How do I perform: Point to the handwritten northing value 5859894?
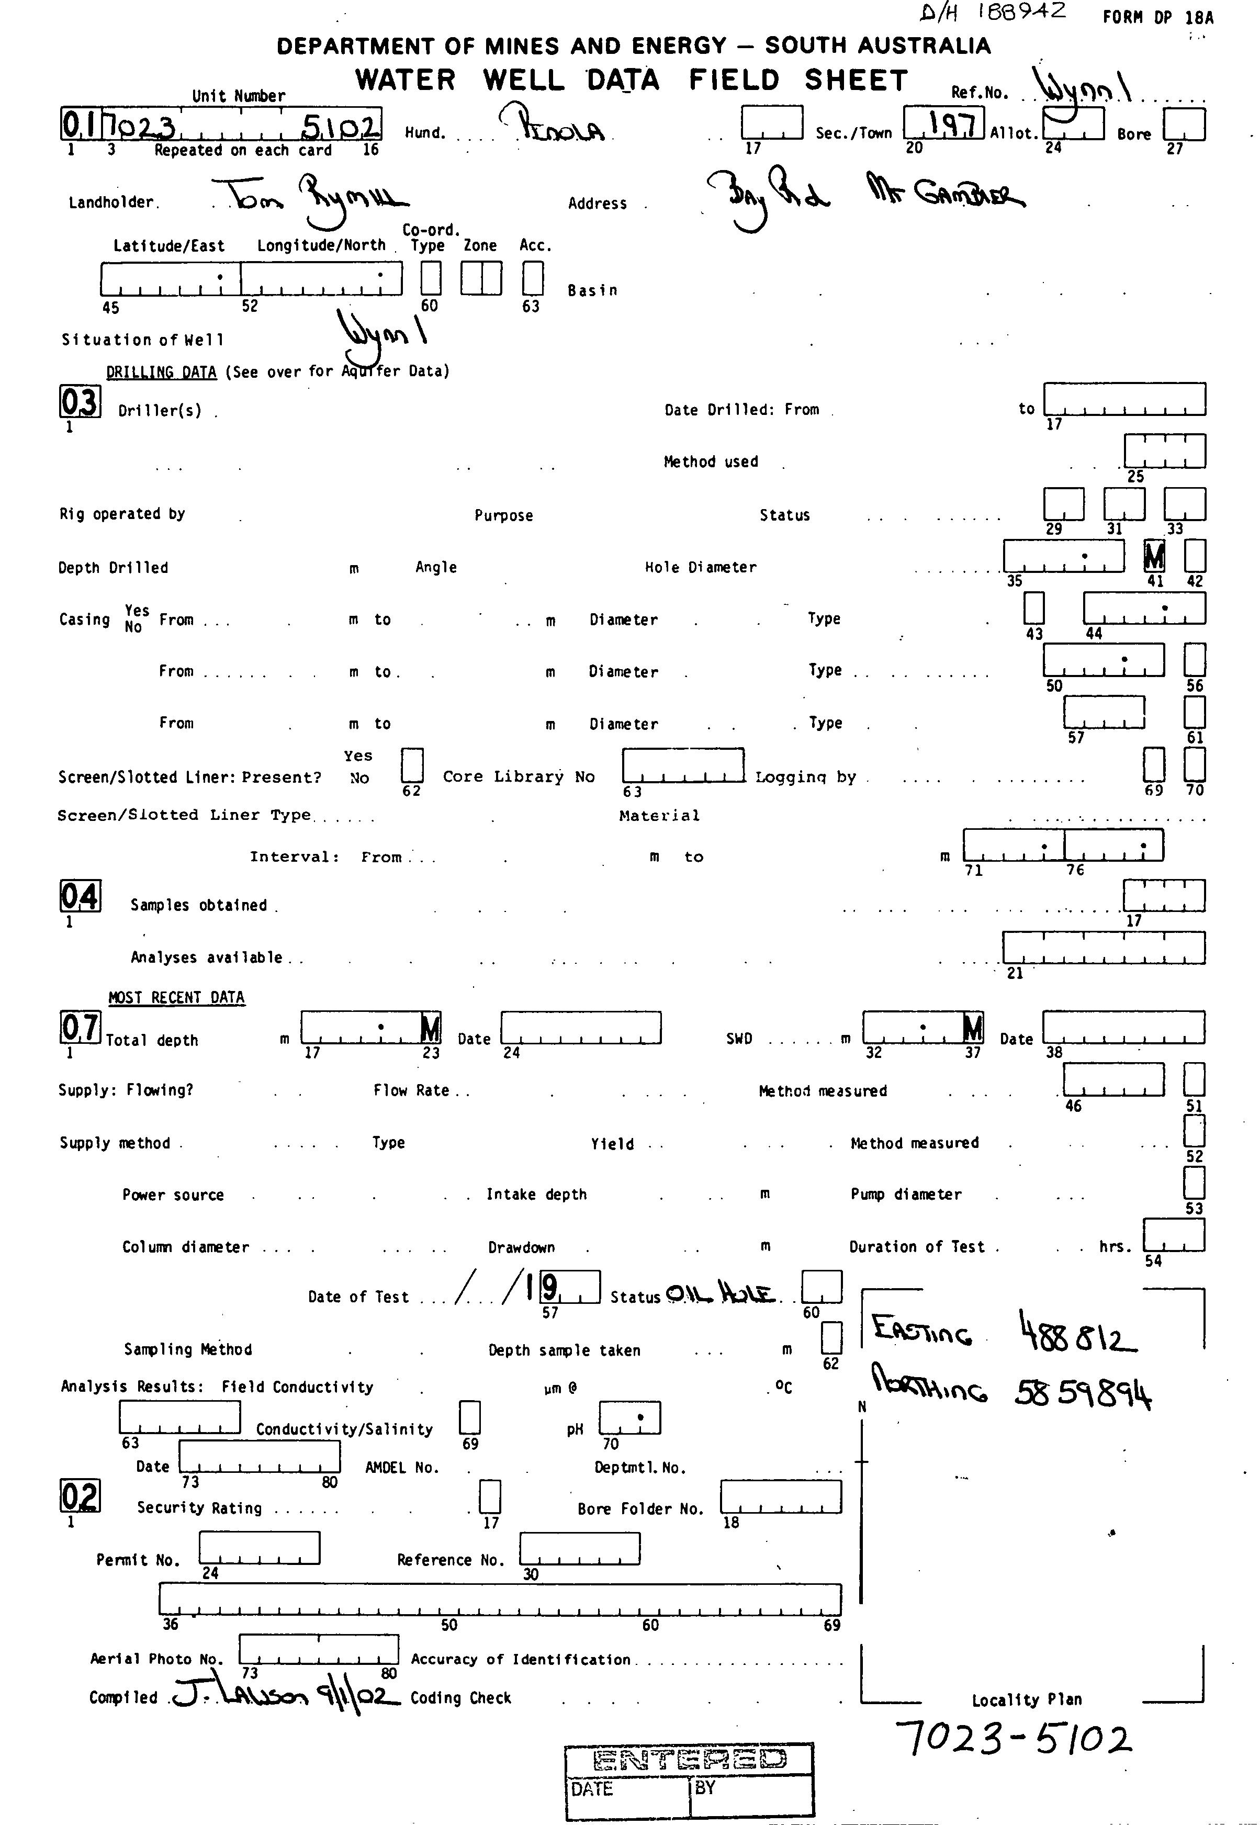(1083, 1395)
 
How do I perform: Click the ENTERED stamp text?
(689, 1760)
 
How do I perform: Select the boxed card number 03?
(80, 402)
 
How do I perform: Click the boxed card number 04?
(80, 896)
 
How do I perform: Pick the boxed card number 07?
(80, 1028)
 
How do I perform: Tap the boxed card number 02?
(80, 1496)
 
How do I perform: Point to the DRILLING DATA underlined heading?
(161, 372)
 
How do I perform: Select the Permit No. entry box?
(259, 1548)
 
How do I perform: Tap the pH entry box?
(629, 1418)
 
